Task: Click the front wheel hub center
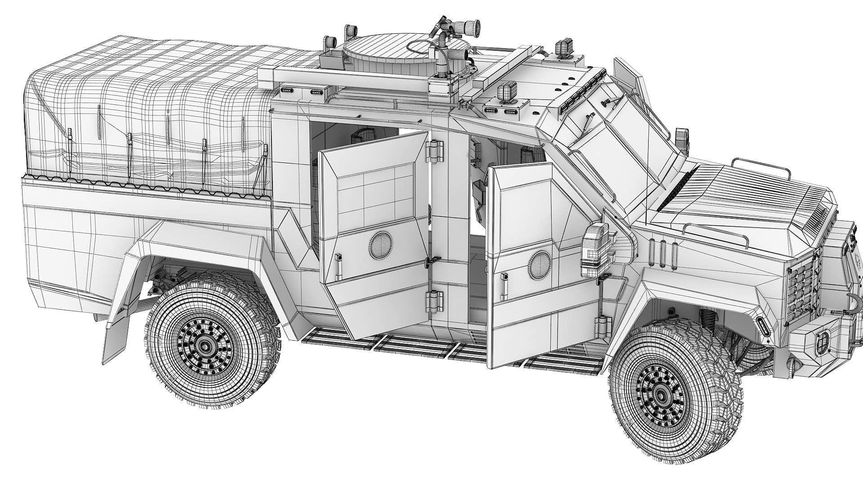coord(661,395)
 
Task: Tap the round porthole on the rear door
coord(380,246)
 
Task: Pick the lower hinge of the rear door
coord(435,300)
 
